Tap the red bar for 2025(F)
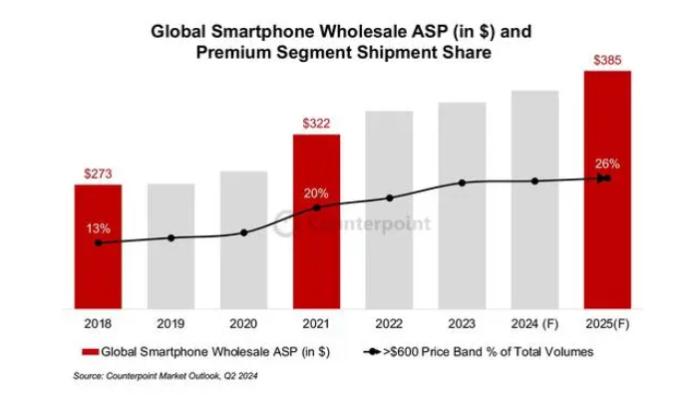(x=607, y=190)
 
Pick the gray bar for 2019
(x=171, y=249)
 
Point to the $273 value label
(x=97, y=174)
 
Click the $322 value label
(x=316, y=124)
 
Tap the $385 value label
(x=607, y=61)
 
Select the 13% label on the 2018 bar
(x=98, y=228)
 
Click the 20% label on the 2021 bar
(x=317, y=193)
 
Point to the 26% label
(x=608, y=164)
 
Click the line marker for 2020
(x=244, y=232)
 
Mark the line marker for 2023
(x=463, y=183)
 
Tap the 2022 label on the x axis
(x=389, y=324)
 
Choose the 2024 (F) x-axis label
(x=534, y=324)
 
